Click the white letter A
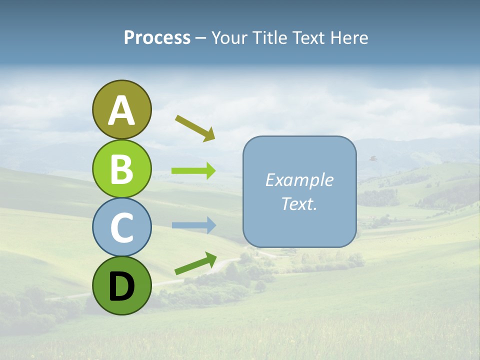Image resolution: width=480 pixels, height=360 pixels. tap(121, 110)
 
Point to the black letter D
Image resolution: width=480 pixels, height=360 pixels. tap(121, 286)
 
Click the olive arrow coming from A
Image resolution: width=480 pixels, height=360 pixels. tap(195, 128)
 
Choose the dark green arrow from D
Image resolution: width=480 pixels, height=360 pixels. tap(195, 263)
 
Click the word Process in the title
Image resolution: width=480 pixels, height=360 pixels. tap(157, 38)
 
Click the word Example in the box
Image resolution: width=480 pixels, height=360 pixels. tap(299, 180)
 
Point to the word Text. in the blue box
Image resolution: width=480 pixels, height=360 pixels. tap(299, 203)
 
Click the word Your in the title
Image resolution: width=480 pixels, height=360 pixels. tap(230, 38)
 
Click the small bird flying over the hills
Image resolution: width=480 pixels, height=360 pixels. tap(372, 158)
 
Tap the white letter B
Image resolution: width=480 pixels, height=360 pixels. tap(121, 169)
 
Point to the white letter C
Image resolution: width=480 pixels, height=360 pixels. tap(121, 227)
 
